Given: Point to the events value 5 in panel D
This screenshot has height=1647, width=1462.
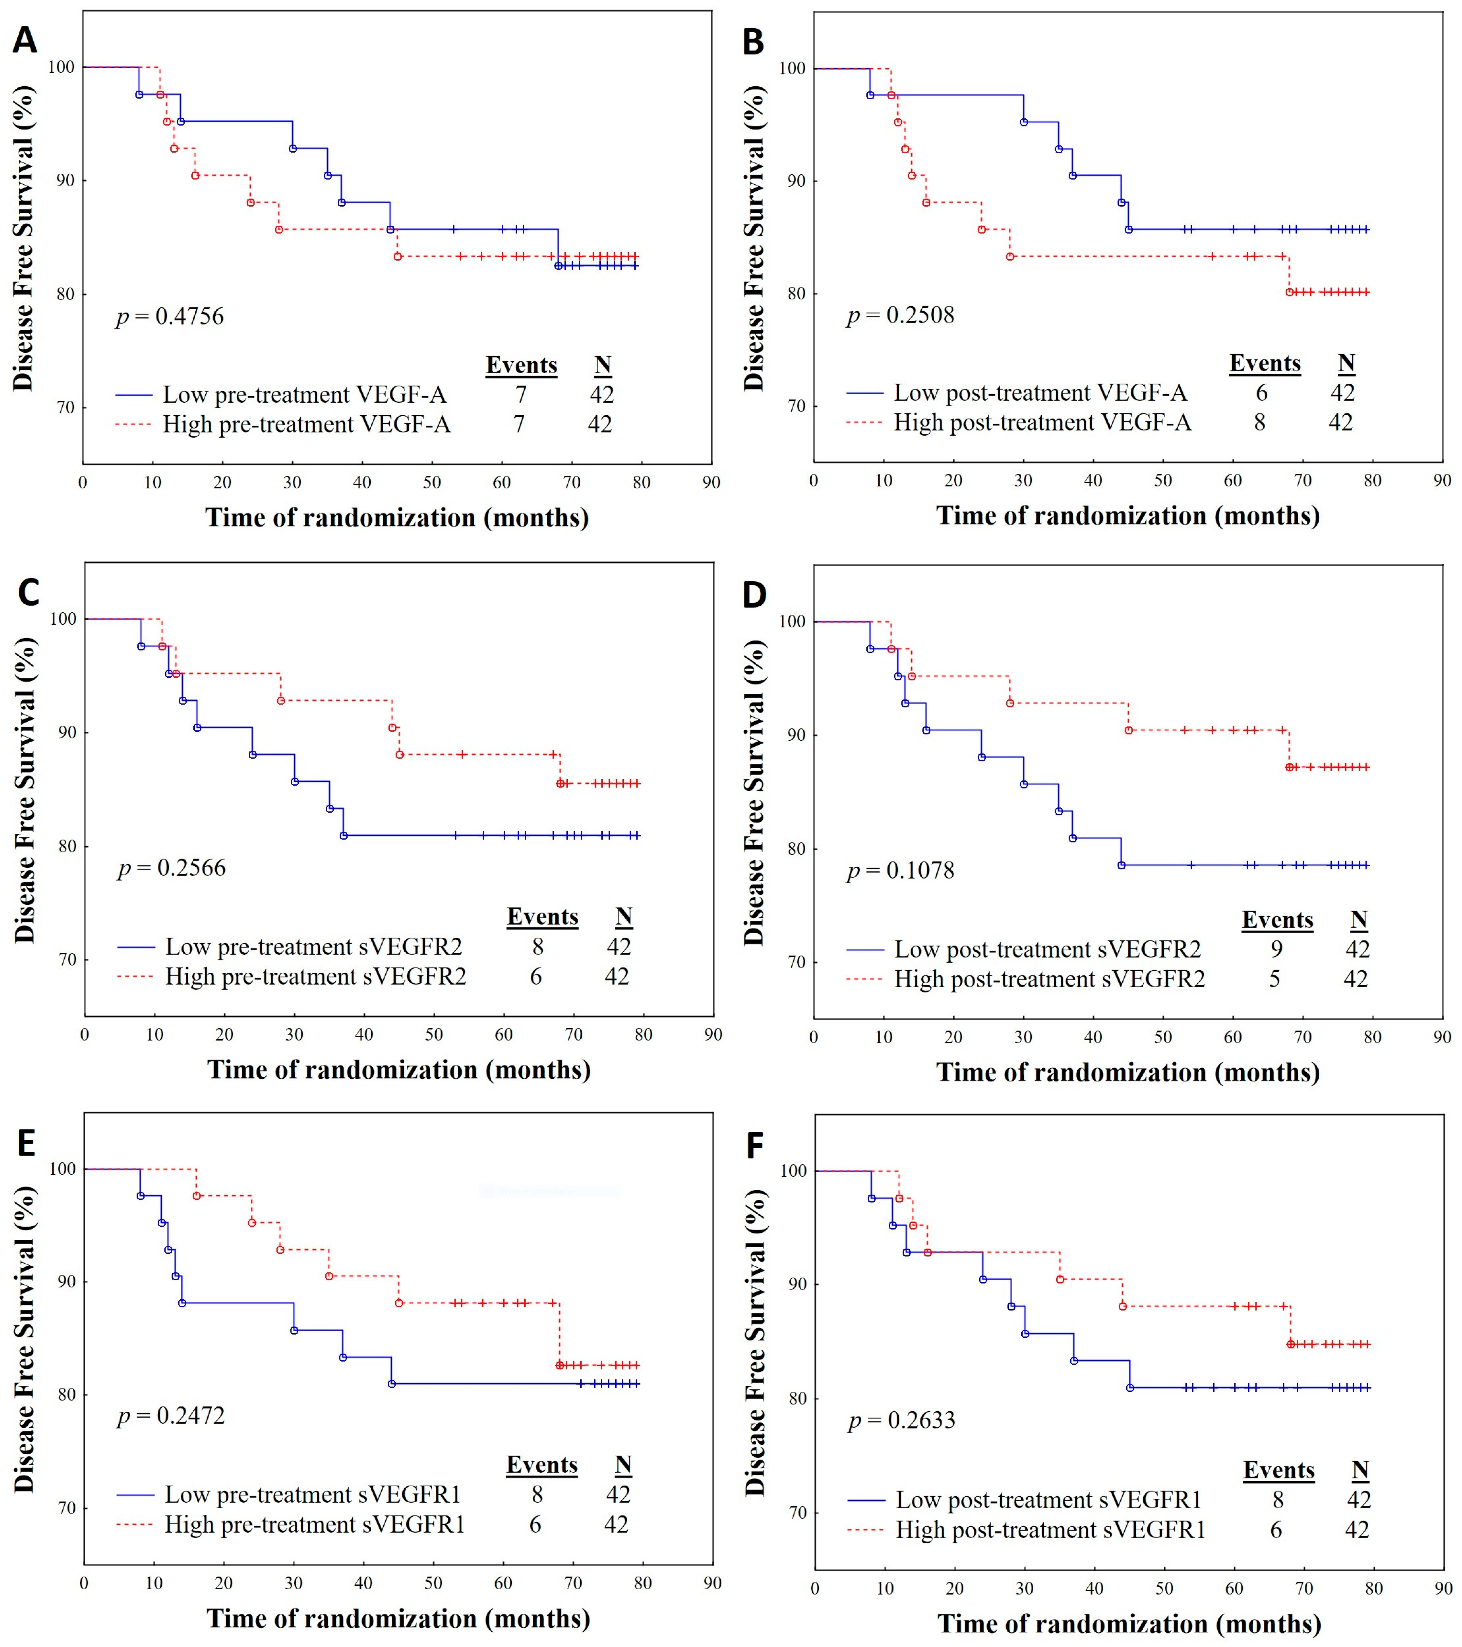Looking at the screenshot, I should point(1274,979).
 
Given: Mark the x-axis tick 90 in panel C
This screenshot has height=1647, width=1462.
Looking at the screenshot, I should point(713,1035).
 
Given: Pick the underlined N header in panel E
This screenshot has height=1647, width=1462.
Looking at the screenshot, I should point(623,1464).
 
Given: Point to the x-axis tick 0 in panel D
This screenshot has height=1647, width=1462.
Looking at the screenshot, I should point(814,1037).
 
